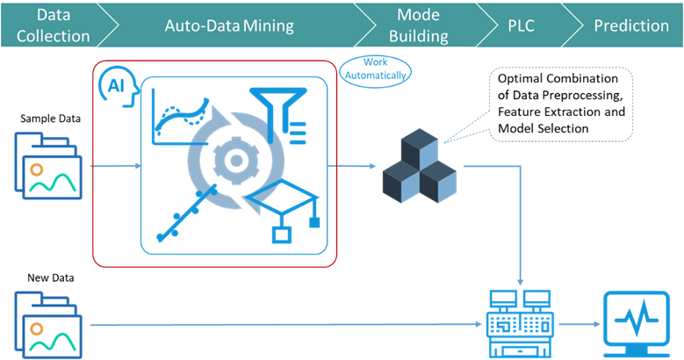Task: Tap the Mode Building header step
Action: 418,26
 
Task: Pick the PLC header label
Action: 522,25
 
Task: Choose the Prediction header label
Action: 630,25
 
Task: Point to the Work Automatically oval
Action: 375,68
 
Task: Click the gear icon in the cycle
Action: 234,160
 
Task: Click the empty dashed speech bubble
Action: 560,104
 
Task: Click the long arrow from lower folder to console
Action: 281,325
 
